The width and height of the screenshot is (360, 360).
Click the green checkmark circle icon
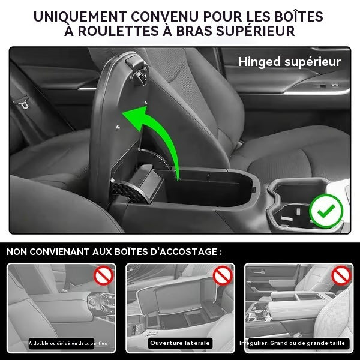326,211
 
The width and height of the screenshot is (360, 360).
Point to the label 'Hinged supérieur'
289,61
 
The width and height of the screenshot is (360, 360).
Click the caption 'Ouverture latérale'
179,343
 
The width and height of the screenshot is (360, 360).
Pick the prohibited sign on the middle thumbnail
223,276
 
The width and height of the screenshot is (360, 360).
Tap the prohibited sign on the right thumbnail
342,276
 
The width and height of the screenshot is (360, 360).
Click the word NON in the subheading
20,251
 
